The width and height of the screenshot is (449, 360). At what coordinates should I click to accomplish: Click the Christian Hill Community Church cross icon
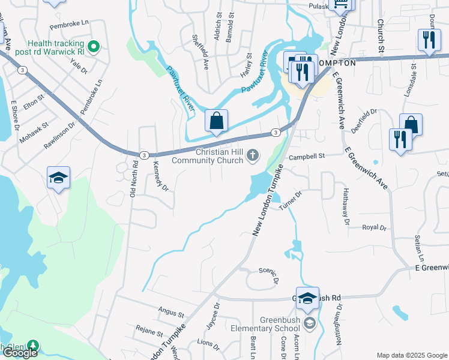[253, 156]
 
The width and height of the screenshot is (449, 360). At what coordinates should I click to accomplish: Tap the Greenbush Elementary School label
[280, 324]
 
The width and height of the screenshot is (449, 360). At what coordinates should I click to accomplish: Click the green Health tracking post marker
[93, 46]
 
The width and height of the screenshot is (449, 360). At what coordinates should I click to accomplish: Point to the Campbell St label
[306, 156]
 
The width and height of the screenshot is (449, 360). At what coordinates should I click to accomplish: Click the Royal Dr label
[373, 228]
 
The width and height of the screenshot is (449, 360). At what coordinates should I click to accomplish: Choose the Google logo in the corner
[19, 353]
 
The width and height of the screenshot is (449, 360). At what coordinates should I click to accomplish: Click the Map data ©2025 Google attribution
[412, 355]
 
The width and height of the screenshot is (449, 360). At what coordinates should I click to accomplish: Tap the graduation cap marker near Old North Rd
[58, 178]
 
